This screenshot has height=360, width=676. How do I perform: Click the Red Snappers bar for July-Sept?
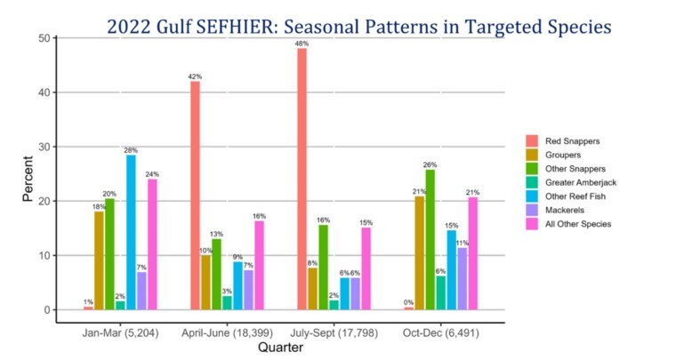click(302, 179)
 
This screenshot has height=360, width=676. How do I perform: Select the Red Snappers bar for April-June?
click(195, 196)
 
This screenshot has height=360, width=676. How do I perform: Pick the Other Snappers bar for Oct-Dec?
click(430, 239)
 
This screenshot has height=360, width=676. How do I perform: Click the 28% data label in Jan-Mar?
click(131, 150)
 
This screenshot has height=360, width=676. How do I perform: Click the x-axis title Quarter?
click(280, 348)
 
